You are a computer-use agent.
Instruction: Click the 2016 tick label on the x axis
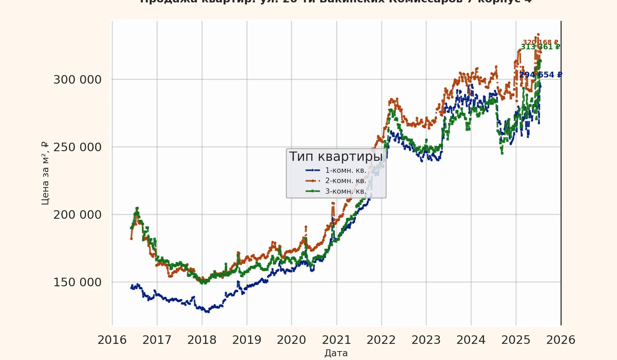[112, 340]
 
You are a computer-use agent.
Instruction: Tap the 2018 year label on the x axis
[202, 340]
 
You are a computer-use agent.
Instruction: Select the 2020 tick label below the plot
[291, 340]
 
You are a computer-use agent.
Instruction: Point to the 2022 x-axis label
[381, 340]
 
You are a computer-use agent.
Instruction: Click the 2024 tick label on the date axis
[471, 340]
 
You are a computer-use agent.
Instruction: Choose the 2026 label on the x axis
[561, 340]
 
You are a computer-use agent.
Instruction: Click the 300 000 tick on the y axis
[77, 80]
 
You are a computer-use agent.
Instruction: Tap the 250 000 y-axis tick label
[77, 147]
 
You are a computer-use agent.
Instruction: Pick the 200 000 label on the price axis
[77, 215]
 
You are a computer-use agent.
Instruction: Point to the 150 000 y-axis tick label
[77, 282]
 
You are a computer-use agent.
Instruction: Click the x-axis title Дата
[336, 353]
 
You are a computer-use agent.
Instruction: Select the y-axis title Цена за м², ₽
[45, 173]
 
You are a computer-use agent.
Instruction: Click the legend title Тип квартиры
[336, 156]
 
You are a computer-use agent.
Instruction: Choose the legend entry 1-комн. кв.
[346, 170]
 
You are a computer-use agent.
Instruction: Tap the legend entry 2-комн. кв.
[346, 181]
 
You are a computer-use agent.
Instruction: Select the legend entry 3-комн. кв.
[346, 191]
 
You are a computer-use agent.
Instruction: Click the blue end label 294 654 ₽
[541, 75]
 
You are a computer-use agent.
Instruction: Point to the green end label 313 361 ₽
[541, 47]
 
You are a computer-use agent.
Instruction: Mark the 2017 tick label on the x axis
[157, 340]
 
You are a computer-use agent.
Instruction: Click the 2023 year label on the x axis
[426, 340]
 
